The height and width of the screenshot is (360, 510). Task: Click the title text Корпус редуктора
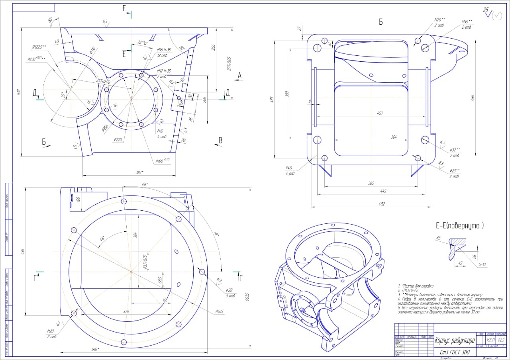click(x=455, y=341)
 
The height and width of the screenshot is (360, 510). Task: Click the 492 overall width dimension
click(x=371, y=204)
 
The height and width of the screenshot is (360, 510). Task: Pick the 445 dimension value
click(x=371, y=192)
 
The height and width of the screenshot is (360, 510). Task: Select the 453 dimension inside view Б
click(x=379, y=113)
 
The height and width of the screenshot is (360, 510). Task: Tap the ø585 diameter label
click(x=219, y=311)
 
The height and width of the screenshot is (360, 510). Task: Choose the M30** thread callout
click(x=467, y=22)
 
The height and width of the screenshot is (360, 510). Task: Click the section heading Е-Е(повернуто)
click(x=459, y=226)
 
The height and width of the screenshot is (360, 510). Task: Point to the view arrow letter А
click(x=239, y=75)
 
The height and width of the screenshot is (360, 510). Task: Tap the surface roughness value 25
click(x=486, y=10)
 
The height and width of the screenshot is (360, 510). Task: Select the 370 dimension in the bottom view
click(x=126, y=311)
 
